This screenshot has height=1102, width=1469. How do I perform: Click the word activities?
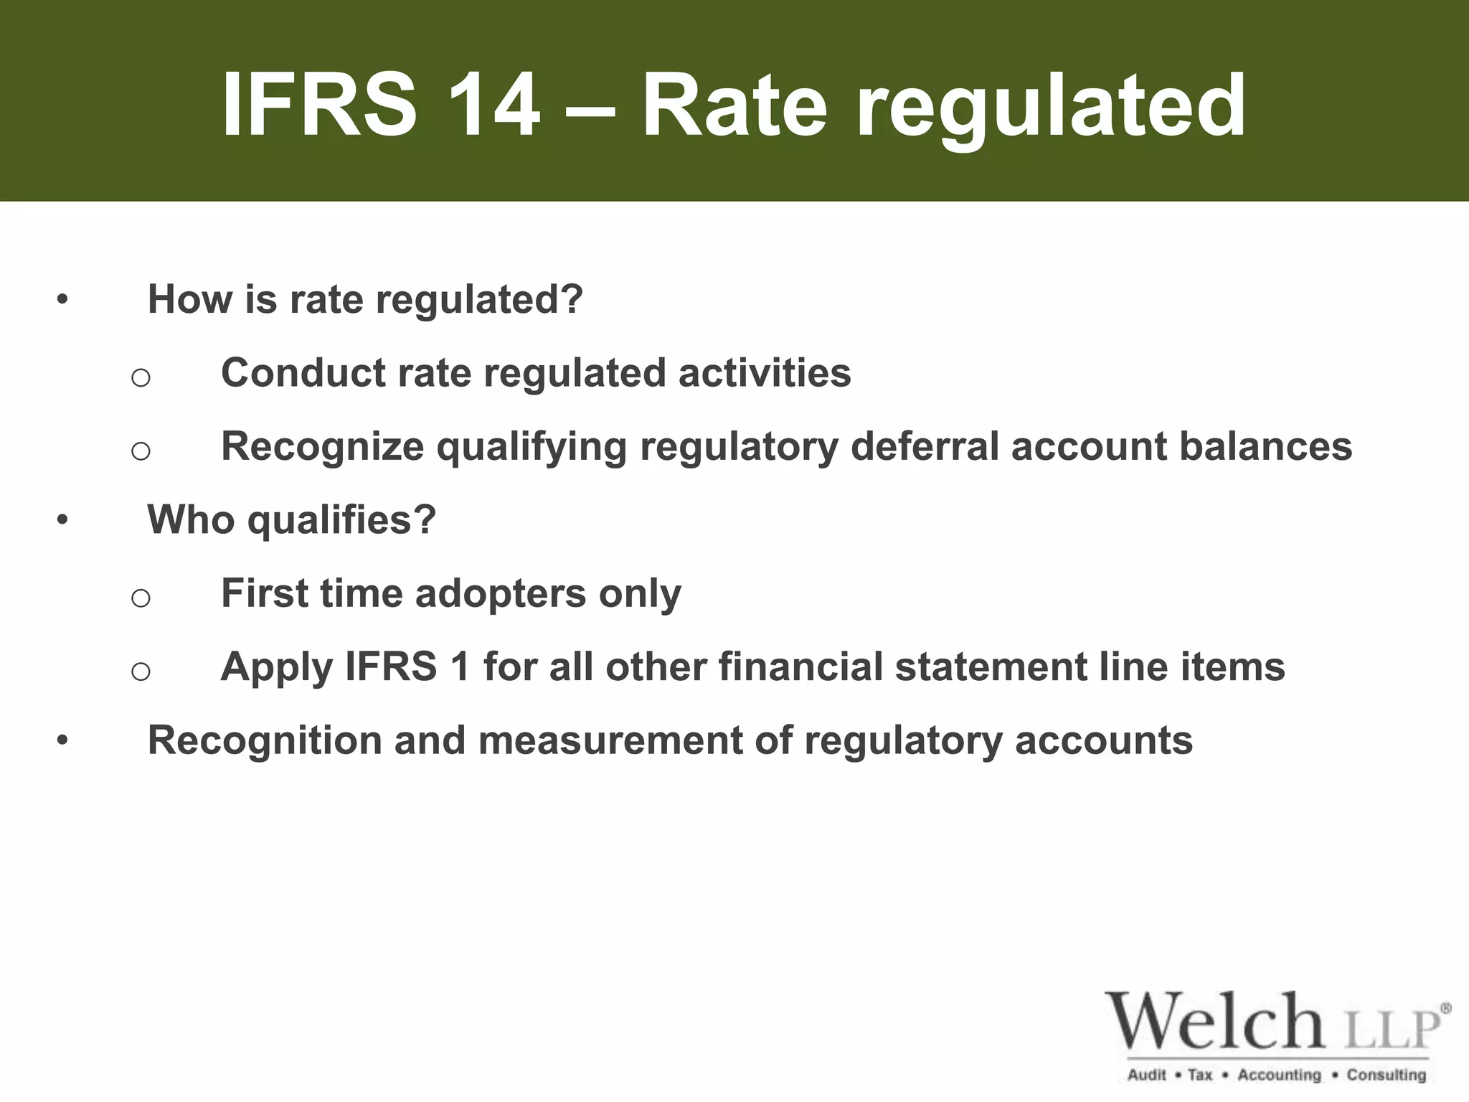click(x=765, y=372)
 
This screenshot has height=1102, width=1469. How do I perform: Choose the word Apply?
click(x=277, y=668)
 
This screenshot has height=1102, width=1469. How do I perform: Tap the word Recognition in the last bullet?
click(x=265, y=741)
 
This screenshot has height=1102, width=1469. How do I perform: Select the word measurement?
click(x=610, y=741)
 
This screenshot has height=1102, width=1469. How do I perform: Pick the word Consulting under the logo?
click(x=1386, y=1075)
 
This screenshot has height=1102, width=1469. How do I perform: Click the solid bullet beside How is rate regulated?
click(x=63, y=299)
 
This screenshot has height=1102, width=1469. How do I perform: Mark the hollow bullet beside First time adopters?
click(x=141, y=597)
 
